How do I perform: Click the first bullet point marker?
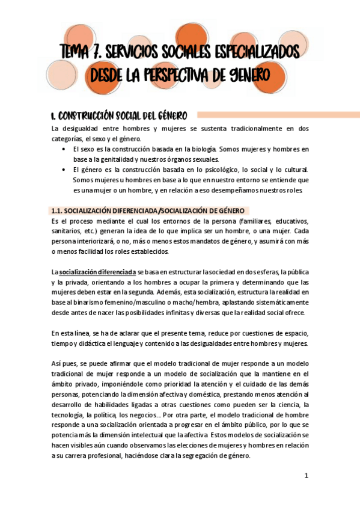[x=64, y=149]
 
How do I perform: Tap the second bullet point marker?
[x=64, y=170]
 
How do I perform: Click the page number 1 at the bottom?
[x=306, y=476]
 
